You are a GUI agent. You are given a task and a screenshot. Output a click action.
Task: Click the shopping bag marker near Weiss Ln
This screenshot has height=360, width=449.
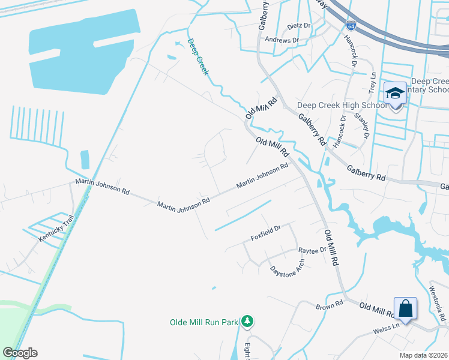(x=405, y=308)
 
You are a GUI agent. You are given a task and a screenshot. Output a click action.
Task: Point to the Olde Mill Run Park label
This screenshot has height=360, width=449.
(x=204, y=322)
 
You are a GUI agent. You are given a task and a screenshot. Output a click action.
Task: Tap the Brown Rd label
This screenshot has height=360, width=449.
(x=329, y=306)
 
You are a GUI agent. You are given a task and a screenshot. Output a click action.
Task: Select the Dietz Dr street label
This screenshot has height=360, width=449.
(x=299, y=26)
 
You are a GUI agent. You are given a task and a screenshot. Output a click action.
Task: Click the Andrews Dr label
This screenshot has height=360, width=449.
(x=282, y=40)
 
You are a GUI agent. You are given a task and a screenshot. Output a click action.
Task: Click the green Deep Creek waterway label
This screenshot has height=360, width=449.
(x=197, y=57)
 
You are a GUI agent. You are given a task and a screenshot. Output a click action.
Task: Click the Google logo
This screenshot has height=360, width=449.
(x=20, y=353)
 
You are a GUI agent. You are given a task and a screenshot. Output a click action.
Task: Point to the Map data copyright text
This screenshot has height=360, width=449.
(x=424, y=355)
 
